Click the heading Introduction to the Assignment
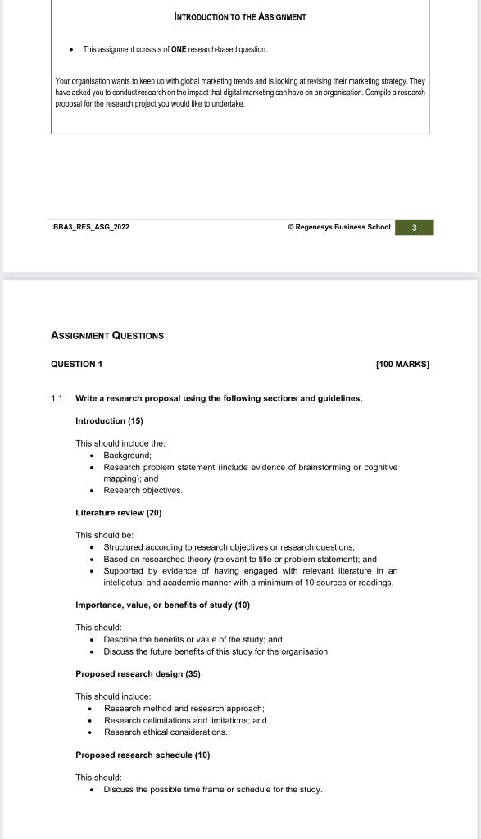pos(240,16)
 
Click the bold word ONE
pos(179,49)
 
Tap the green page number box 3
pos(414,228)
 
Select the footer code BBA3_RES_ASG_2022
pos(91,227)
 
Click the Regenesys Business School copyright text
pos(338,227)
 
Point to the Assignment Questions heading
pos(107,335)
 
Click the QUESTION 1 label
pos(77,364)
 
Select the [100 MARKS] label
pos(402,364)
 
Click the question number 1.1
pos(57,398)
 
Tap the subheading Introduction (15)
pos(109,420)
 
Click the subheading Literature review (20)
pos(119,513)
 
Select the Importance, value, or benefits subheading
pos(162,605)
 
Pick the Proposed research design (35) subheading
pos(138,673)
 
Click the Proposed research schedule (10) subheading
pos(143,755)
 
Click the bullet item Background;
pos(127,455)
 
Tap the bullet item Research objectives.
pos(143,490)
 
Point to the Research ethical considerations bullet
pos(166,732)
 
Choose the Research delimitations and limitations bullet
pos(185,720)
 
